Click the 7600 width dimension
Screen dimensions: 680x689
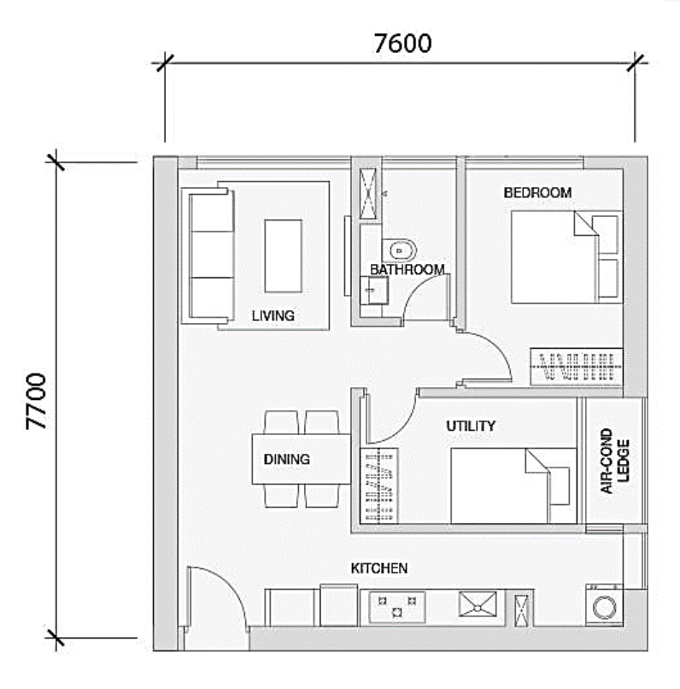[402, 43]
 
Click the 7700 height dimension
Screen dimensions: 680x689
[36, 401]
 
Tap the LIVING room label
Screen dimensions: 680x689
[273, 315]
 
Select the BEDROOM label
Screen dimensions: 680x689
[537, 192]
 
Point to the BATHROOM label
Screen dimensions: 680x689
[407, 269]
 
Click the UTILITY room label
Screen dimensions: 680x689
[471, 426]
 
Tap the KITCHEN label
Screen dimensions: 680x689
[378, 568]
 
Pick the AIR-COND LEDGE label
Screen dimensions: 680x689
[614, 461]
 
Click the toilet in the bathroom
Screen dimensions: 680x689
[399, 251]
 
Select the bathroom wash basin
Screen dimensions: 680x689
[374, 291]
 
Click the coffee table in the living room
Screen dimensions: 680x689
[283, 256]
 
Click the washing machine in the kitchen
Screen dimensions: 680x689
[604, 605]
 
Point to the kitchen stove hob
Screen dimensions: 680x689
[397, 607]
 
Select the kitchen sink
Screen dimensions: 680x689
[478, 604]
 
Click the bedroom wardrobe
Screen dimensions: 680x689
[577, 367]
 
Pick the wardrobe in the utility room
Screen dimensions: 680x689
[378, 486]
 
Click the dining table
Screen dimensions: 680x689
[302, 459]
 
